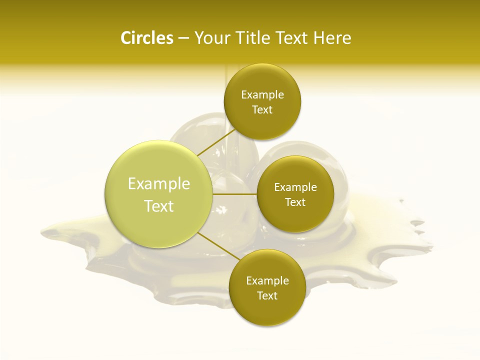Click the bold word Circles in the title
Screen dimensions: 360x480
coord(146,38)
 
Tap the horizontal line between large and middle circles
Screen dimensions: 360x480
coord(234,194)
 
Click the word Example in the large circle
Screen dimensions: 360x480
coord(159,184)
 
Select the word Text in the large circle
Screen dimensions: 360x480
coord(159,206)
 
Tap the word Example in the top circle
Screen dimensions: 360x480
coord(262,95)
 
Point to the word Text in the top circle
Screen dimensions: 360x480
coord(262,110)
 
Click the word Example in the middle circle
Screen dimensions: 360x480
coord(295,187)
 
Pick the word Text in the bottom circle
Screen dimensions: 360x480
coord(267,296)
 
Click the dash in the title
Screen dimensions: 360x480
coord(183,38)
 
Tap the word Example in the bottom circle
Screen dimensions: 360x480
coord(267,281)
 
